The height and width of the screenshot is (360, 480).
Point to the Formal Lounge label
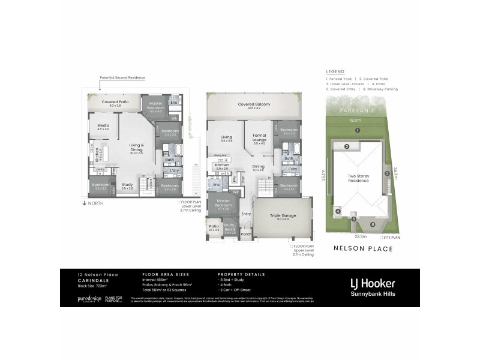[x=259, y=137]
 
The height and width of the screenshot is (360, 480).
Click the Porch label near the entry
[x=246, y=235]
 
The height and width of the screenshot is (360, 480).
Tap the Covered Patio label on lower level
[x=115, y=102]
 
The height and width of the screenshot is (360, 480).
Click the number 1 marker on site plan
[x=356, y=130]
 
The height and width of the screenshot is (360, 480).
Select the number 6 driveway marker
[x=372, y=224]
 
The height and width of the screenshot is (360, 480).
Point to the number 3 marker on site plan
[x=387, y=173]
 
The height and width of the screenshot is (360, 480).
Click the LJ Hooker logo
[x=372, y=283]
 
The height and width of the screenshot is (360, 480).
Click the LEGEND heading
[x=335, y=70]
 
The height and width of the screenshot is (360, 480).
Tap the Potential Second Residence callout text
[x=122, y=77]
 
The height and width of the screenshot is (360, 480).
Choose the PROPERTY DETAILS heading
[x=239, y=274]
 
